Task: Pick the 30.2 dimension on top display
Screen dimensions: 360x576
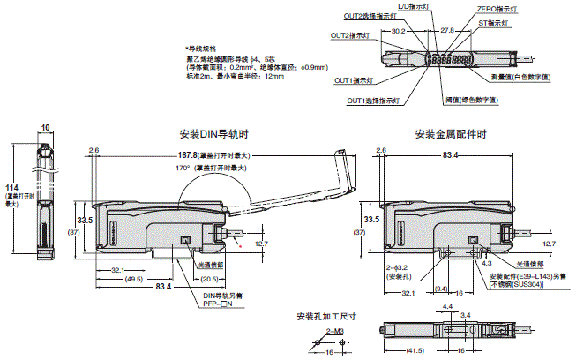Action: coord(398,30)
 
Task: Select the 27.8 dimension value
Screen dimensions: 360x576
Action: coord(447,30)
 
